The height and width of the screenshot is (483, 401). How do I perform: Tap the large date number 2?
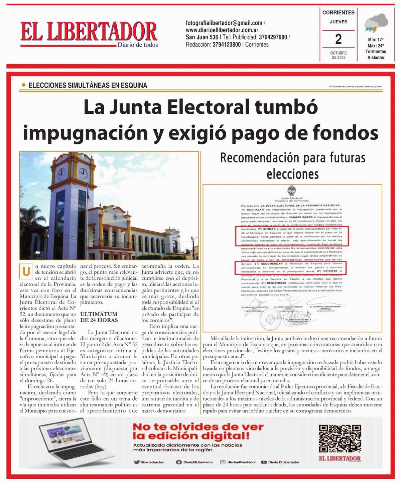pyautogui.click(x=338, y=39)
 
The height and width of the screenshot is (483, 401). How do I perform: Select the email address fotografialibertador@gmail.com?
pyautogui.click(x=224, y=23)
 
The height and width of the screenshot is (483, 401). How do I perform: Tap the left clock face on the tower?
pyautogui.click(x=62, y=174)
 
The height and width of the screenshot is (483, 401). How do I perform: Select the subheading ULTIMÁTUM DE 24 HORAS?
pyautogui.click(x=99, y=317)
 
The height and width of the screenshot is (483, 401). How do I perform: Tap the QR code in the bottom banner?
pyautogui.click(x=340, y=438)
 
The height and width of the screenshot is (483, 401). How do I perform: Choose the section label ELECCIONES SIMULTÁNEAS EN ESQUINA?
pyautogui.click(x=88, y=85)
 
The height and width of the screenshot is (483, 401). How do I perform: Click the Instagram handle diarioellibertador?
pyautogui.click(x=241, y=462)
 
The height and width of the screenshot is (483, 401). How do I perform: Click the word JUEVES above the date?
pyautogui.click(x=339, y=22)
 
